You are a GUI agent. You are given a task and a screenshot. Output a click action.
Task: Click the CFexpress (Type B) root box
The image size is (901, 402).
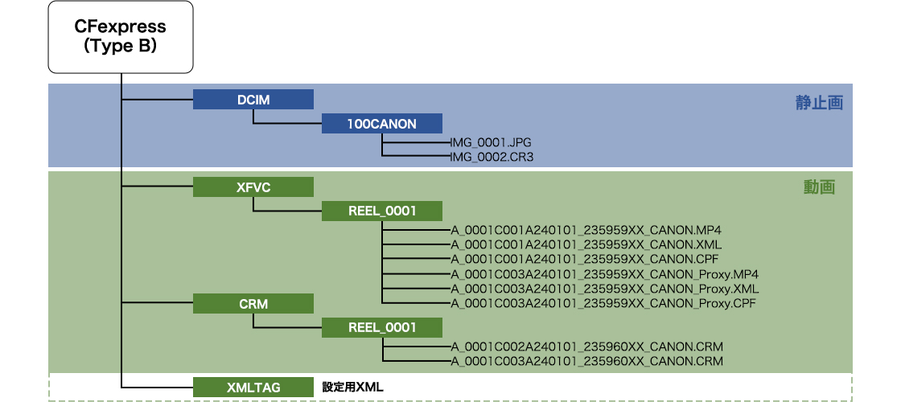click(x=121, y=37)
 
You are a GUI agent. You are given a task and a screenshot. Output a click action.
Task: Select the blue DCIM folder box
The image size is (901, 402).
click(x=253, y=99)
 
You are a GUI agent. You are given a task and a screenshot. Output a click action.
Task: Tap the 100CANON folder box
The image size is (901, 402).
click(x=382, y=124)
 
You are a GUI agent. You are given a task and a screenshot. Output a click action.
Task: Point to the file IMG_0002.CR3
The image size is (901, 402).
click(x=492, y=158)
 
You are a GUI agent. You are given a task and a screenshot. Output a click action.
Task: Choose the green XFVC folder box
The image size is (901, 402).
click(x=253, y=187)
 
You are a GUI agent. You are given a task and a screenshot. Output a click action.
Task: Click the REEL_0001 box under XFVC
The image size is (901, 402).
click(x=382, y=211)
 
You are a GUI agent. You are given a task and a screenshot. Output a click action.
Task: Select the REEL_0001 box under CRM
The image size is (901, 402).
click(x=382, y=327)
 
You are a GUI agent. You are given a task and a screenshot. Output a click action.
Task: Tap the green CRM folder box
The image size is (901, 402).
click(x=253, y=304)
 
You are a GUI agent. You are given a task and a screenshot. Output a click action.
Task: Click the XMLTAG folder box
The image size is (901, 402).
click(x=253, y=387)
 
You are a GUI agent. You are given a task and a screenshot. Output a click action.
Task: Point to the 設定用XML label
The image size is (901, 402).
click(x=353, y=387)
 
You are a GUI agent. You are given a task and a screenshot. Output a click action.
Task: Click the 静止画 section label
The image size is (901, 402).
click(x=819, y=103)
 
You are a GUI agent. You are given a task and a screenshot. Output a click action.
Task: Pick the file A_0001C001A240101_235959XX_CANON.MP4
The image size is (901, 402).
click(x=586, y=230)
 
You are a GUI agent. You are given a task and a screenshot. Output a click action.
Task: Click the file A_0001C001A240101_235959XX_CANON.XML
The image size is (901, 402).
click(x=586, y=244)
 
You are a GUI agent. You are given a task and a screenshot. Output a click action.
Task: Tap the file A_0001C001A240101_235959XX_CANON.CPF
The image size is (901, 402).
click(x=585, y=259)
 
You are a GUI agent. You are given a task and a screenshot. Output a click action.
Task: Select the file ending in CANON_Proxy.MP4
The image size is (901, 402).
click(x=604, y=274)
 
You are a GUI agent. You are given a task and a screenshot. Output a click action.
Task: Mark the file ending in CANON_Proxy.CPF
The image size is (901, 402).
click(x=603, y=303)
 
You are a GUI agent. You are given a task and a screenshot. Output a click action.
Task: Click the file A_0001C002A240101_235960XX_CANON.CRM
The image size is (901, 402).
click(x=586, y=347)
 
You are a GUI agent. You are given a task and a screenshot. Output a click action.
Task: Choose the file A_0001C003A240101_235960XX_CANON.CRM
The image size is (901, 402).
click(x=586, y=361)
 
